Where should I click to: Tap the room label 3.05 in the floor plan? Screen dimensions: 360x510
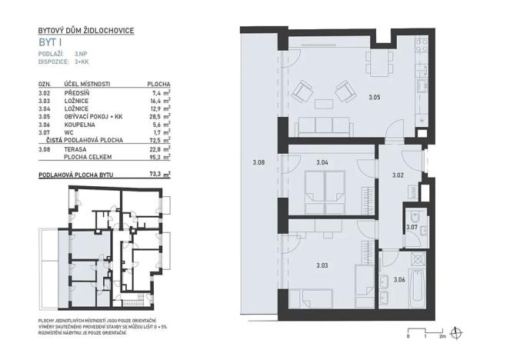click(x=374, y=98)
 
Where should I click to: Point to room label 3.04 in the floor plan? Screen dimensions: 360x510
click(x=322, y=162)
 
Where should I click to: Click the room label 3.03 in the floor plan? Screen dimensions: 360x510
click(x=322, y=265)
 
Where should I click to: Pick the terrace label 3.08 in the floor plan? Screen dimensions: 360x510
click(x=258, y=162)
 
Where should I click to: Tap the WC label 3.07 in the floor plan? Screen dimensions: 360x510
click(x=412, y=227)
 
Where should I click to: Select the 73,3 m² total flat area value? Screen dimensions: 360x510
click(x=158, y=175)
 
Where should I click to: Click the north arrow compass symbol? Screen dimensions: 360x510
click(x=459, y=332)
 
